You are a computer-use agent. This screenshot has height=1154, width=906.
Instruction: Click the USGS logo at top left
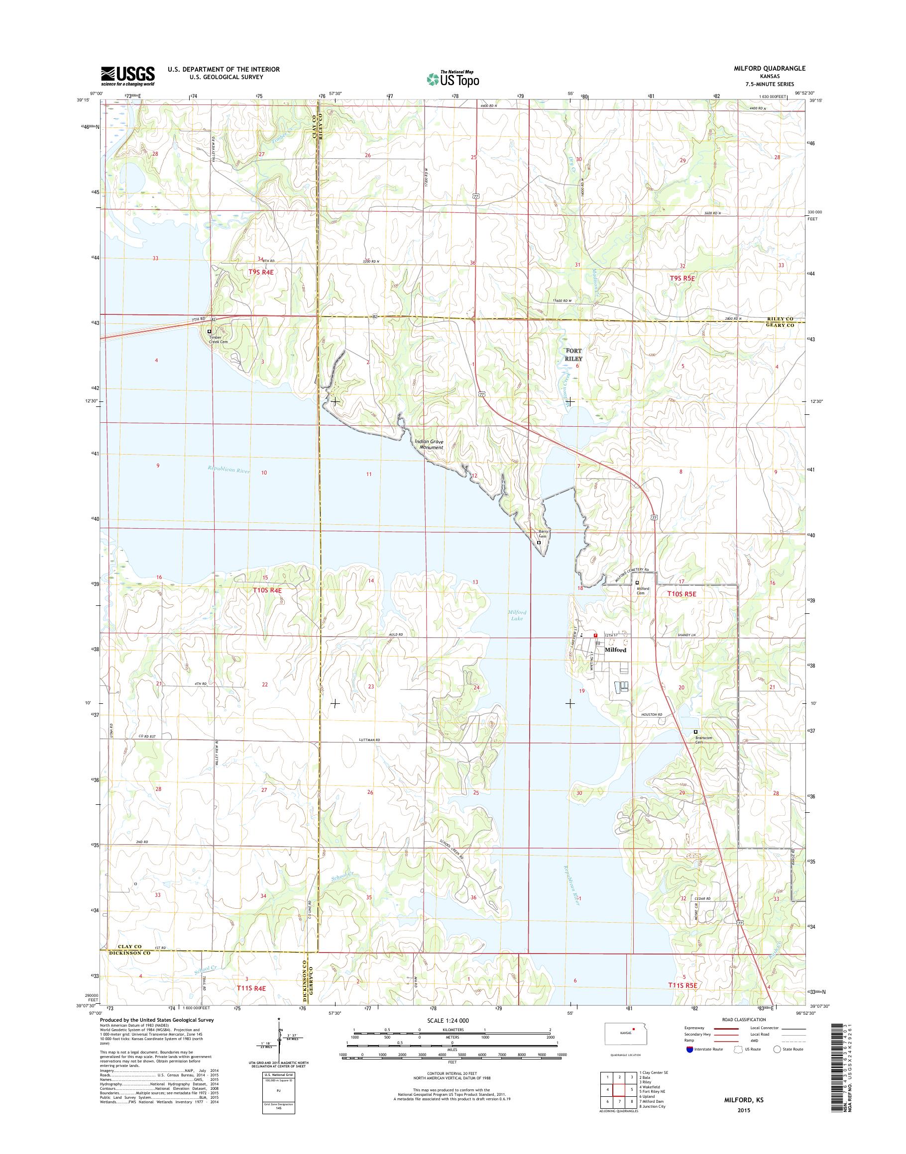pos(128,76)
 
